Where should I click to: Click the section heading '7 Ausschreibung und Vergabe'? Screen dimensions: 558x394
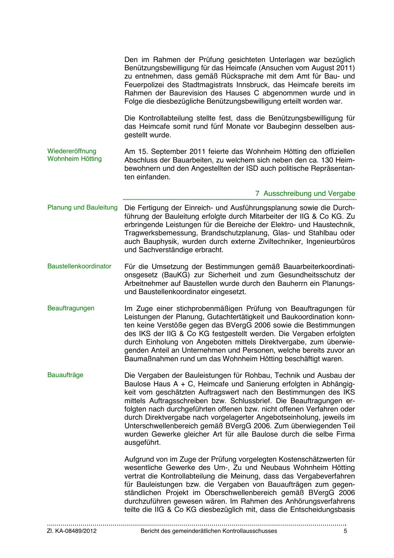point(305,193)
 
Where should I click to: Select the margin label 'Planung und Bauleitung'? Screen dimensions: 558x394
point(82,208)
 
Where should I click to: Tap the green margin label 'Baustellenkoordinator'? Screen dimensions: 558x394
point(79,266)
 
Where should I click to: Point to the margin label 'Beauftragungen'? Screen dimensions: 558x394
point(71,308)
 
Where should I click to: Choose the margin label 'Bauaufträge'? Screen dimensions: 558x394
point(65,375)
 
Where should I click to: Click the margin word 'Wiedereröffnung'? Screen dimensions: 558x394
point(72,151)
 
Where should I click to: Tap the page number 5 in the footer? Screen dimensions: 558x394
point(345,531)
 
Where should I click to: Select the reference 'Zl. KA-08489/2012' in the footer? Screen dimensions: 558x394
point(72,531)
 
